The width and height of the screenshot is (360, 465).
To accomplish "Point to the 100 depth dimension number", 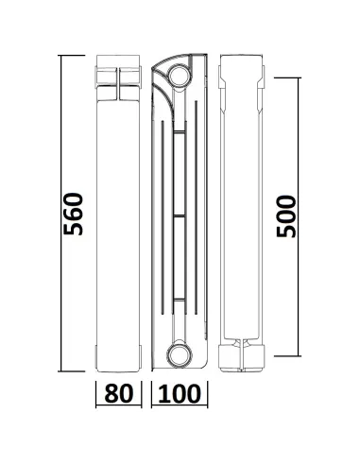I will pos(180,391).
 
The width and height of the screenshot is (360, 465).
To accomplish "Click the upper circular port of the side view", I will pos(178,75).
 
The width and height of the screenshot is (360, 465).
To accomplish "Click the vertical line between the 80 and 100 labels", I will pos(148,392).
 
